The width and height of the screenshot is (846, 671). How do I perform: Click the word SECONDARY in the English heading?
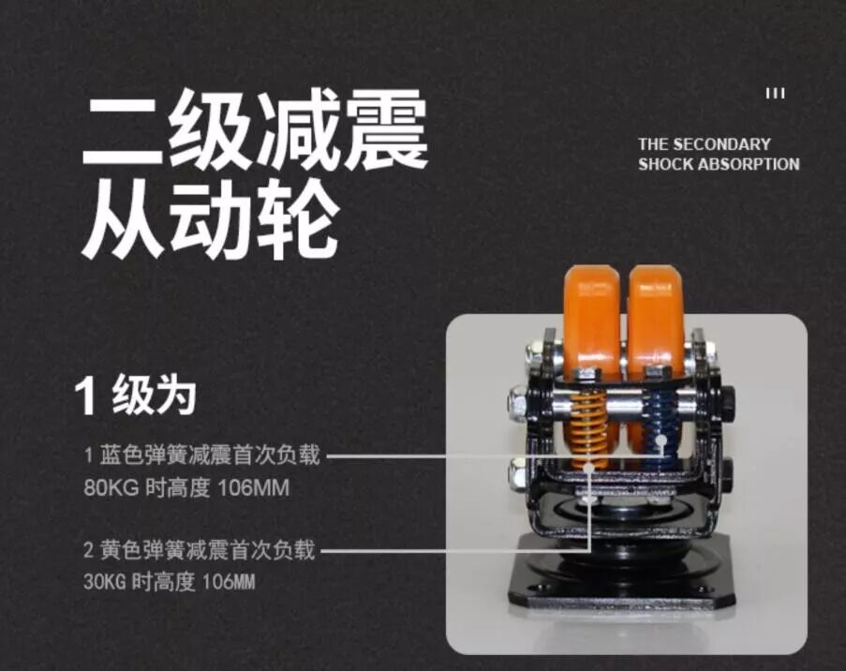point(722,144)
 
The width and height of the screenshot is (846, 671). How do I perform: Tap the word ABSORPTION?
point(749,164)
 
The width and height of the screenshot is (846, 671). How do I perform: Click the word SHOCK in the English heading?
point(666,164)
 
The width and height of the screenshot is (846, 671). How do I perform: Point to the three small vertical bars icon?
point(776,94)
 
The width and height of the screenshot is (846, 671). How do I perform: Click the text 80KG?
point(111,488)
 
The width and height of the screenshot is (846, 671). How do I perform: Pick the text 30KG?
point(105,582)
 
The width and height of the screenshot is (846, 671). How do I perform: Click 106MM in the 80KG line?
point(254,488)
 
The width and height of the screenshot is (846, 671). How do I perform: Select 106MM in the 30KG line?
point(229,582)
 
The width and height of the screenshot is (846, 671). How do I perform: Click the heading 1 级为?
point(135,396)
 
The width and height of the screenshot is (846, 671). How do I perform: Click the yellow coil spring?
point(588,429)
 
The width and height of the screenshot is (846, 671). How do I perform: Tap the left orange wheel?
point(592,319)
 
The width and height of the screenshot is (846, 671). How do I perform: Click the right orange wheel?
point(656,319)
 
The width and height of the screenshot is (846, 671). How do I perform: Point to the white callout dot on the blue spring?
point(661,440)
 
